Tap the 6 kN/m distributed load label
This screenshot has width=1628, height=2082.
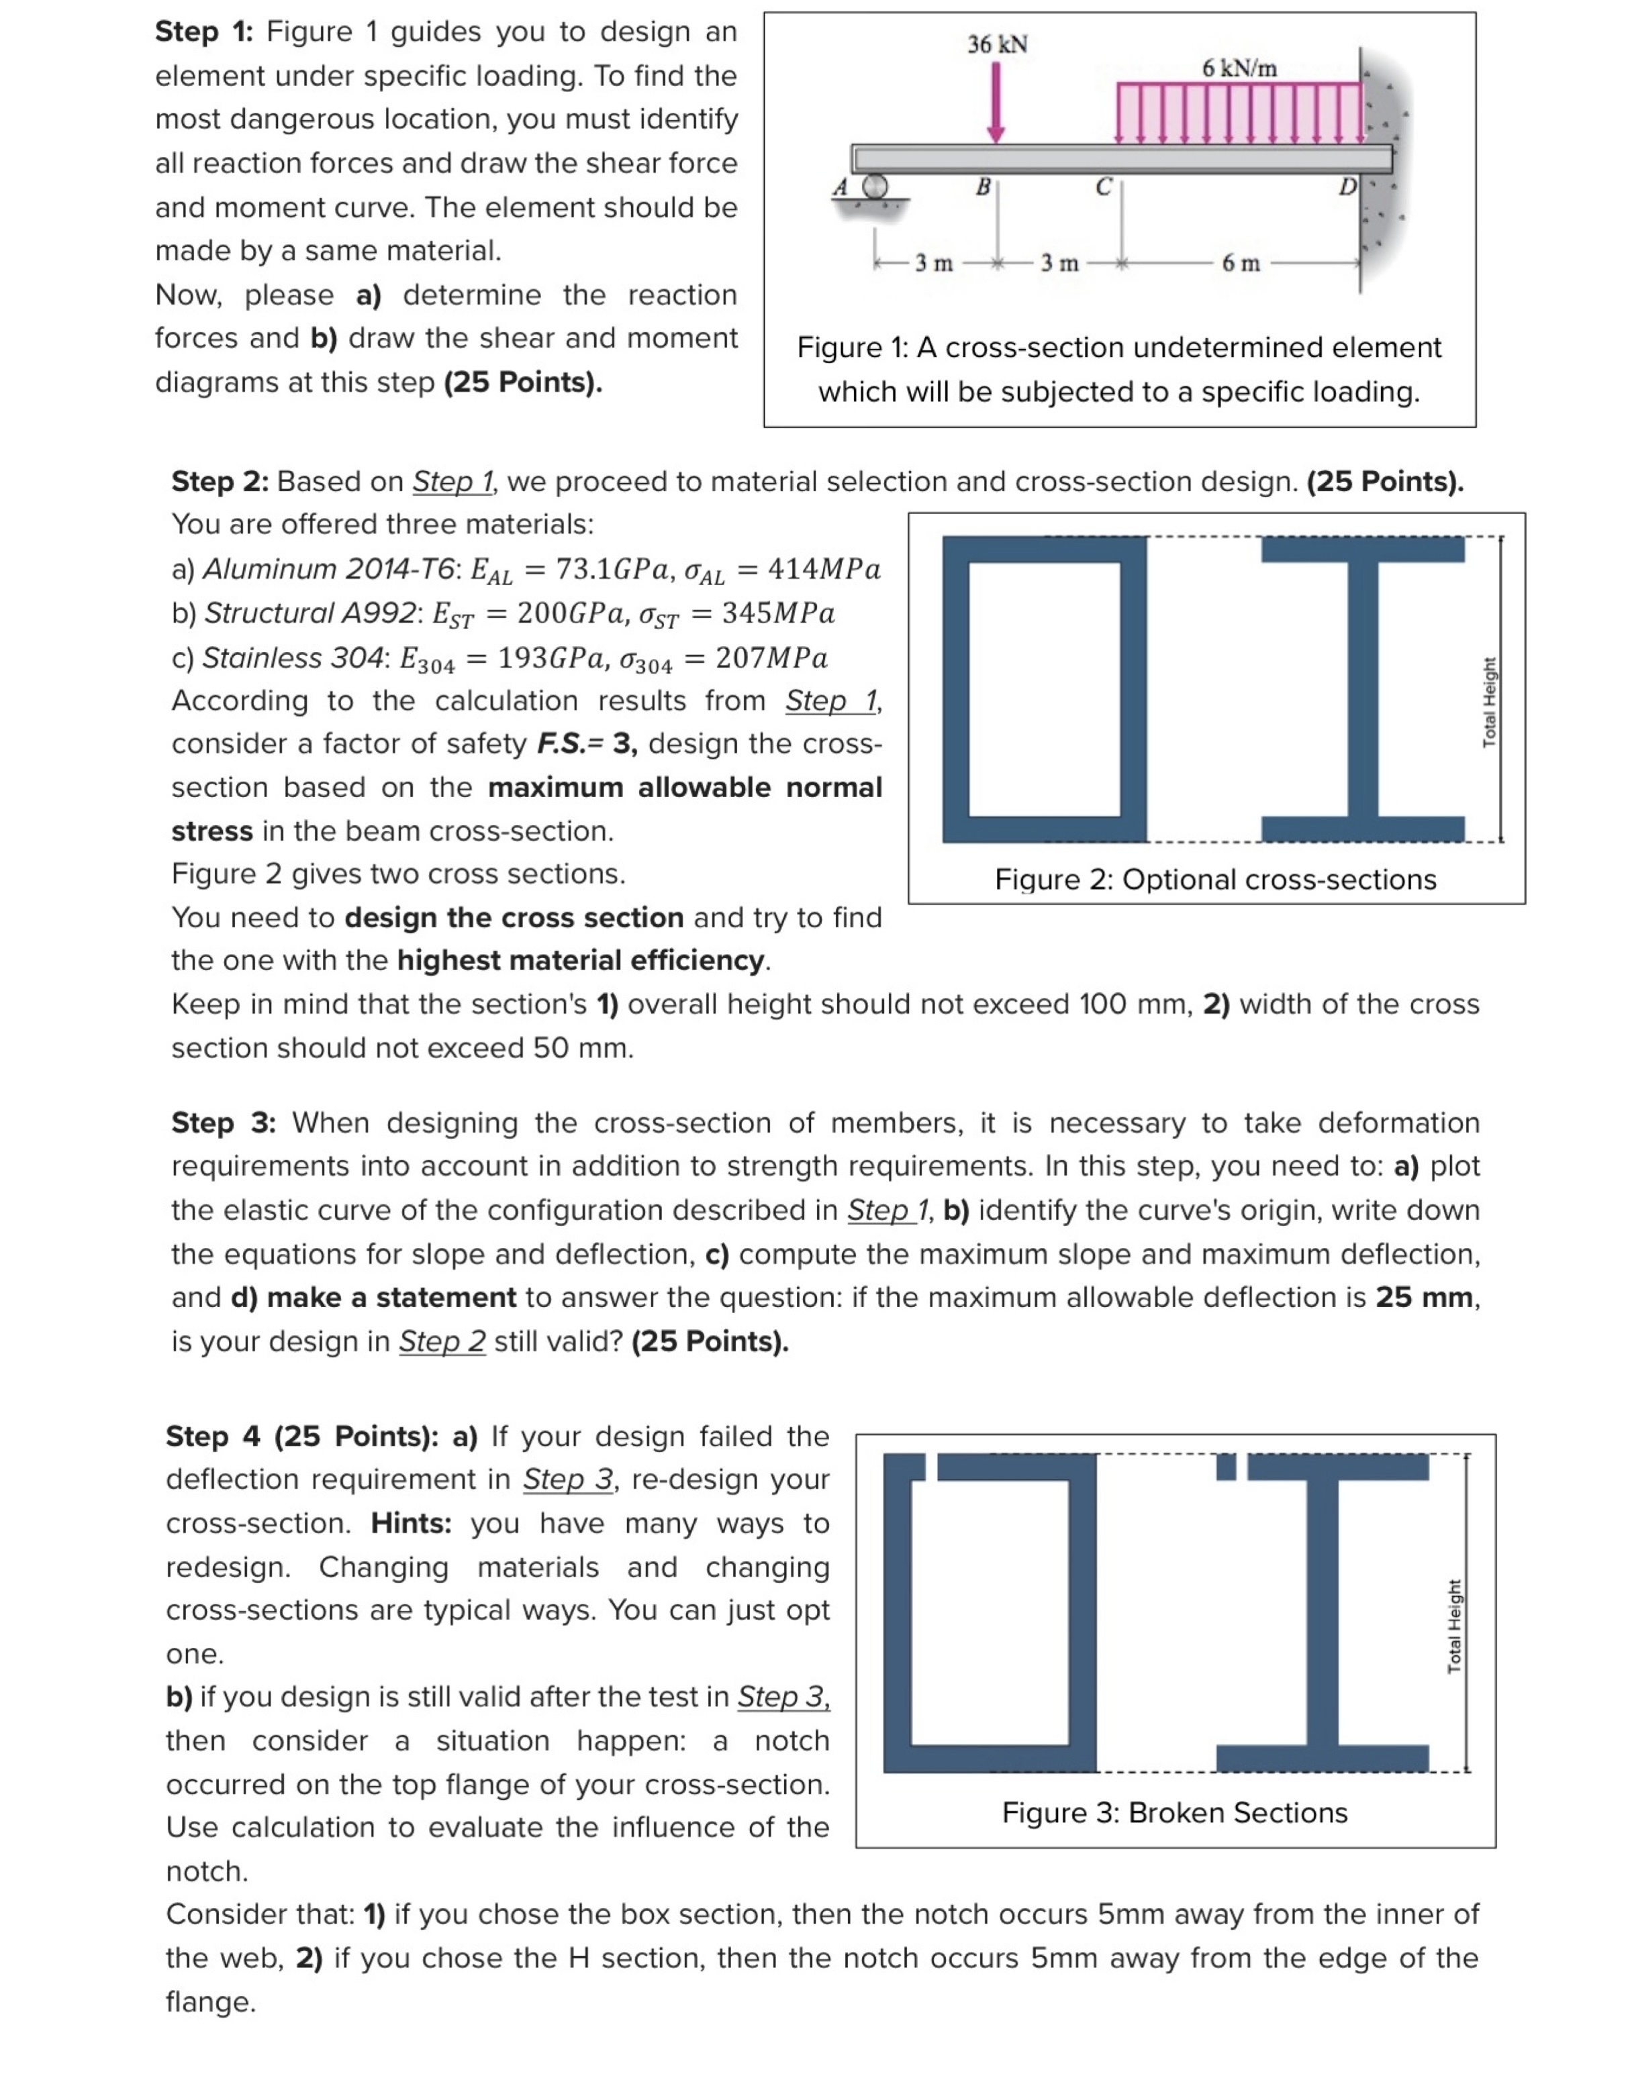[1239, 68]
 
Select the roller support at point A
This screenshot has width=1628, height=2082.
[873, 187]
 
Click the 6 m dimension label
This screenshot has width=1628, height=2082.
[1240, 263]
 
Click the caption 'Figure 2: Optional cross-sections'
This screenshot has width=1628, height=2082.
[1215, 879]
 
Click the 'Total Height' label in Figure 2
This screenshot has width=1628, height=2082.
[1489, 702]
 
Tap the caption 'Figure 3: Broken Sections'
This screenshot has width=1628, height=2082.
[1174, 1812]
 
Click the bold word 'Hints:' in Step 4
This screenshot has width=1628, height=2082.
[411, 1523]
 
